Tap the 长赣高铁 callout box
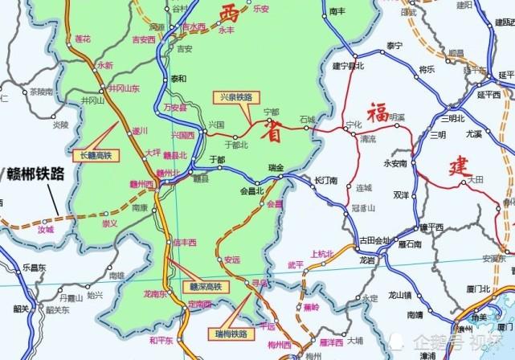pos(96,155)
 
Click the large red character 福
pos(378,113)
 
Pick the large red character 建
pos(460,166)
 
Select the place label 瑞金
pos(276,167)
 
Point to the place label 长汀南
pos(326,180)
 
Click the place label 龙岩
pos(367,260)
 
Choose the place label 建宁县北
pos(349,65)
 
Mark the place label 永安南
pos(396,163)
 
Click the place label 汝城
pos(45,230)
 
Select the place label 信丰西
pos(185,242)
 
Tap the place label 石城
pos(309,119)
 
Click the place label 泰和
pos(178,79)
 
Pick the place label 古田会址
pos(374,240)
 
